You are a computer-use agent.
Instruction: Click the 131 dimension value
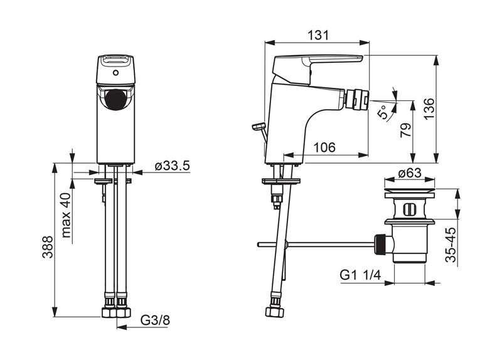[318, 35]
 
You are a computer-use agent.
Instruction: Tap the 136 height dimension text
[429, 109]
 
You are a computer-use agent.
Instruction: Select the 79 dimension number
[405, 130]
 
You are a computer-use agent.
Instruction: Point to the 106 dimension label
[324, 147]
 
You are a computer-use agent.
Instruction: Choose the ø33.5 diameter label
[173, 166]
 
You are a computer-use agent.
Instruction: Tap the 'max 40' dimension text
[67, 214]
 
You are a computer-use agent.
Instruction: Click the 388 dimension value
[48, 246]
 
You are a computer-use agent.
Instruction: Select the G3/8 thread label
[155, 320]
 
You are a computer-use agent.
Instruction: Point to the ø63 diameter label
[410, 173]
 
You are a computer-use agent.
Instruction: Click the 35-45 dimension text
[451, 245]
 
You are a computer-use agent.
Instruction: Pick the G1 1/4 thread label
[360, 275]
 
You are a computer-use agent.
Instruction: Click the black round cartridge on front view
[115, 100]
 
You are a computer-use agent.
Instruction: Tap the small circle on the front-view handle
[116, 73]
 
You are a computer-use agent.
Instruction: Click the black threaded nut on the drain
[380, 245]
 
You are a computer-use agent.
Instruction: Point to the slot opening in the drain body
[409, 209]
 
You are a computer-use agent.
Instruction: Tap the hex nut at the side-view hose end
[274, 312]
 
